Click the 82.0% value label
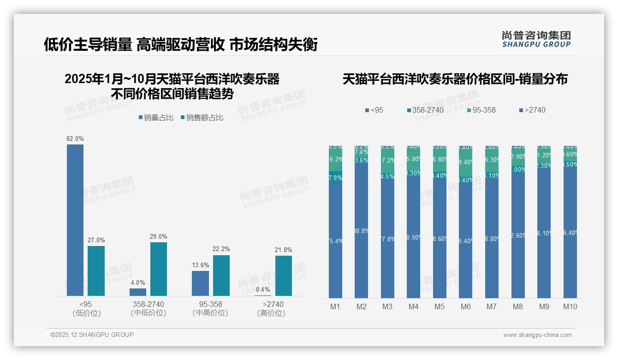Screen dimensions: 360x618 pos(75,138)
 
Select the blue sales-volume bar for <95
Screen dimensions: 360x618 pos(75,220)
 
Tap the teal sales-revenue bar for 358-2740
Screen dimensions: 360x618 pos(158,269)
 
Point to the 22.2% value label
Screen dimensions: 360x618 pos(221,249)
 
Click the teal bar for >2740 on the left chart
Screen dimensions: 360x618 pos(283,276)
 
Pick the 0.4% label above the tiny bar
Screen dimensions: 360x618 pos(263,289)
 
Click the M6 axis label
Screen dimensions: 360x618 pos(465,306)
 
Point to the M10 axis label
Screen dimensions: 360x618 pos(570,306)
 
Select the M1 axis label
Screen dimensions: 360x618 pos(335,306)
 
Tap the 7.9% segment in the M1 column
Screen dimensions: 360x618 pos(335,178)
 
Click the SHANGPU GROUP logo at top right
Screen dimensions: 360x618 pos(536,39)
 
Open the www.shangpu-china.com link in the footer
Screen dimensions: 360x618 pos(537,335)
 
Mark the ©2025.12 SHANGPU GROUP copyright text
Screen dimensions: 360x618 pos(92,335)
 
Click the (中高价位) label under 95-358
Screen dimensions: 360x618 pos(210,313)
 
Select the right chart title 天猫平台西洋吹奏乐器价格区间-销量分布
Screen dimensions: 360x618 pos(455,79)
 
